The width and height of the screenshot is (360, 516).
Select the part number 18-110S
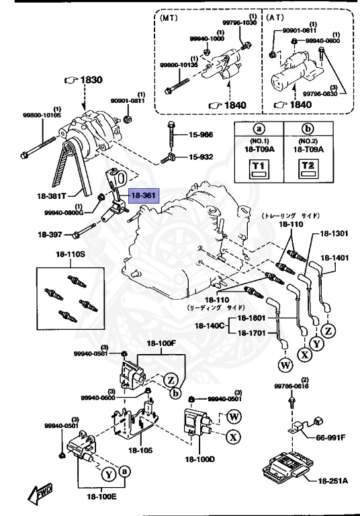pos(70,256)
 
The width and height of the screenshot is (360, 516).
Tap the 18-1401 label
pos(334,258)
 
